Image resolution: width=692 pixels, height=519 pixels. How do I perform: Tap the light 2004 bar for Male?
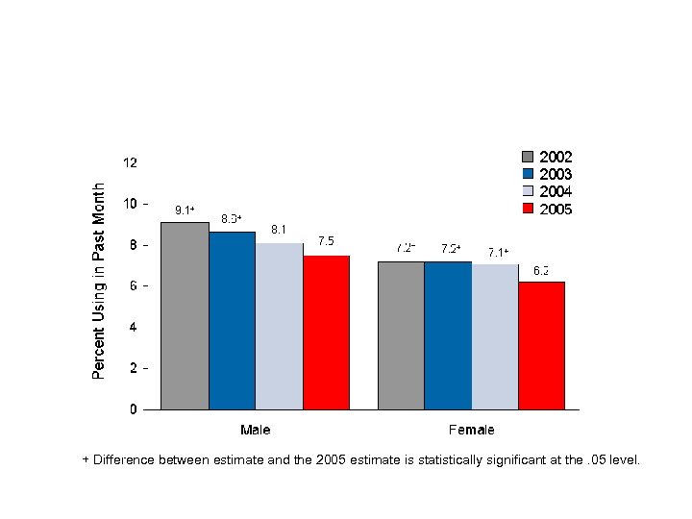tap(279, 326)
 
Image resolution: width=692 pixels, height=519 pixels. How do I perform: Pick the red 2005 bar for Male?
tap(326, 333)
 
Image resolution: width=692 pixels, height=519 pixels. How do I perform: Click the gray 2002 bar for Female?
tap(401, 335)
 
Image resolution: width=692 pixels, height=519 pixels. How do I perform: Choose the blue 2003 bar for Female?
tap(448, 335)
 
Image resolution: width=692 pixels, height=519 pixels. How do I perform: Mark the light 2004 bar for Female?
tap(495, 336)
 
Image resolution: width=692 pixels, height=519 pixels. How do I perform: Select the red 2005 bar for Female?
tap(541, 345)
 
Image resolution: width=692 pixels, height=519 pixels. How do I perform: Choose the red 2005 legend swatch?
tap(528, 209)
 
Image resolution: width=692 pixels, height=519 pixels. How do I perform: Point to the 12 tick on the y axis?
tap(129, 163)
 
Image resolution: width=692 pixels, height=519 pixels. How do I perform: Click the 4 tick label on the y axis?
tap(132, 327)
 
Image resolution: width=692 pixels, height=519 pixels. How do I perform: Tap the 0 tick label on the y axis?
tap(132, 409)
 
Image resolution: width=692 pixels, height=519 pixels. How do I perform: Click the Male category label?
tap(255, 429)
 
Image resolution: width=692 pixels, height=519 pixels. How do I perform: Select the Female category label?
tap(471, 429)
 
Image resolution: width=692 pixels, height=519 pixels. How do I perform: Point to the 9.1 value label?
tap(184, 210)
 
